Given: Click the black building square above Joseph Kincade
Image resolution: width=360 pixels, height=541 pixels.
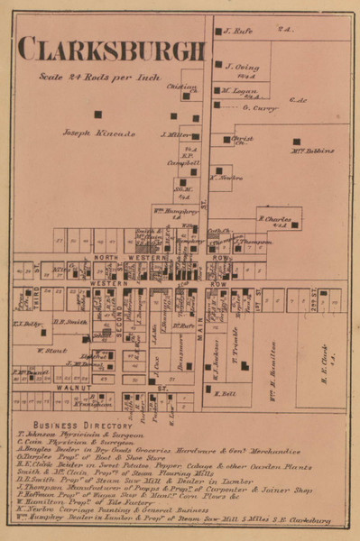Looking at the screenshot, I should point(98,115).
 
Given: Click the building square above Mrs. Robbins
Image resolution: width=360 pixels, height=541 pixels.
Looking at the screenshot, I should point(296,142).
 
